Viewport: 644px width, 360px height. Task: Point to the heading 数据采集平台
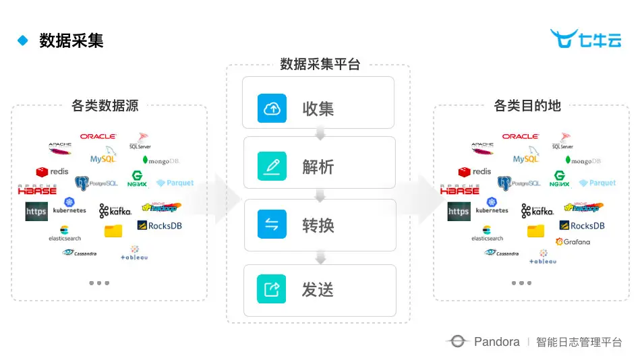pos(320,65)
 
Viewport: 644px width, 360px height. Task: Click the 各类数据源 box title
pos(105,105)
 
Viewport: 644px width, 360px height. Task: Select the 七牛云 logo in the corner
pos(585,40)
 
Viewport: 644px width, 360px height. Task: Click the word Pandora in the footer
pos(496,342)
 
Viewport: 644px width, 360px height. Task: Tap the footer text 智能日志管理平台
pos(579,342)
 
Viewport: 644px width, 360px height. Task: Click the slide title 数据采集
pos(71,40)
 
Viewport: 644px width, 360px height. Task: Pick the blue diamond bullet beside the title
pos(23,40)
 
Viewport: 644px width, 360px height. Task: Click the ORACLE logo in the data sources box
pos(98,136)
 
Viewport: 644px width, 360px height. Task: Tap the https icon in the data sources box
pos(36,212)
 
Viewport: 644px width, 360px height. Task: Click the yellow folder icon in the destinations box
pos(535,231)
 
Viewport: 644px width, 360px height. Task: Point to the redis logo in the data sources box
pos(53,172)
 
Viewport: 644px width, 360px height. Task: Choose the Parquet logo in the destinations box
pos(597,183)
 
